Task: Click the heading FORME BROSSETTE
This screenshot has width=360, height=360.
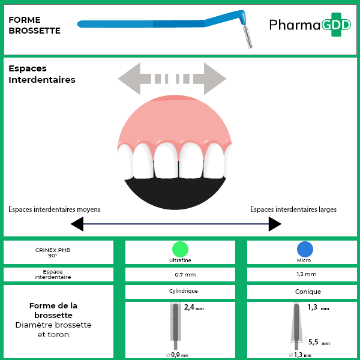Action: point(35,25)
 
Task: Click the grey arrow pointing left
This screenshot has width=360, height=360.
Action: point(132,78)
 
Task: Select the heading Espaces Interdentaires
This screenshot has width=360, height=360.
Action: point(42,74)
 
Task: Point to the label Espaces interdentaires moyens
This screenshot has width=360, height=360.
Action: point(55,209)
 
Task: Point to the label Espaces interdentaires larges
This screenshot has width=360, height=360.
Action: point(293,209)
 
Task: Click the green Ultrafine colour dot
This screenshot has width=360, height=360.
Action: point(180,249)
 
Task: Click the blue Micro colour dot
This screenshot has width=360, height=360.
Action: point(305,249)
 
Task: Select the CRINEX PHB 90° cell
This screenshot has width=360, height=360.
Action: point(58,253)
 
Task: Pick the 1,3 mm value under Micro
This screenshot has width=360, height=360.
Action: point(306,274)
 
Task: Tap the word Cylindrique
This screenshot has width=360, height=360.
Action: point(180,291)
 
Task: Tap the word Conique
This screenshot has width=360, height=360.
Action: point(307,292)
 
